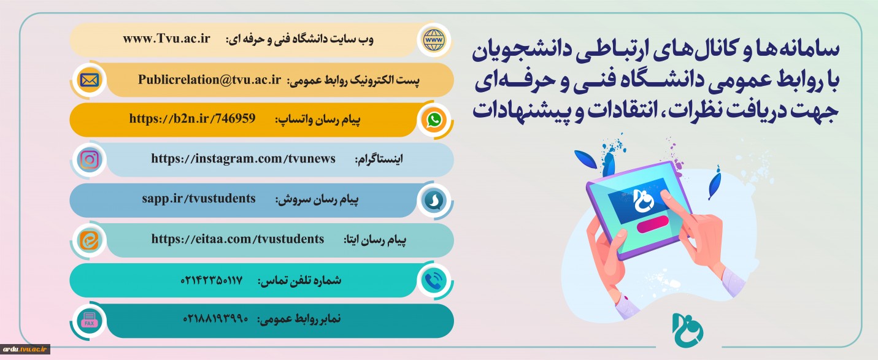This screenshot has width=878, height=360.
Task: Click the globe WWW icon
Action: pos(434,40)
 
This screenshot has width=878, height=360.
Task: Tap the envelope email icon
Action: pos(89,80)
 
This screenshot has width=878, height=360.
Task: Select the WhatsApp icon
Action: pos(434,120)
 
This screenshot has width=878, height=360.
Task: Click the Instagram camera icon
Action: pos(90,160)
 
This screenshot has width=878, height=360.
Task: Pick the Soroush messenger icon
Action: pos(434,200)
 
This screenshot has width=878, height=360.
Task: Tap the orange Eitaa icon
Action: pos(89,240)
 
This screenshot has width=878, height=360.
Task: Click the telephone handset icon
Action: pos(434,280)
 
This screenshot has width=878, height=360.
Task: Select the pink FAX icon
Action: pos(89,321)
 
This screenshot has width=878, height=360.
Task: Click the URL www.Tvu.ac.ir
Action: pos(166,39)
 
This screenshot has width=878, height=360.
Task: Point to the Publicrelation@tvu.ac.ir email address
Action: pos(209,80)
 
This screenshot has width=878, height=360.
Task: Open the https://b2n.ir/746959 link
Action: pos(192,119)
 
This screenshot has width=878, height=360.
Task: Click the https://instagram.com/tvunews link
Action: pos(243,159)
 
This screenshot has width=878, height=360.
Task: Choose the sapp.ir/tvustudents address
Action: pos(199,199)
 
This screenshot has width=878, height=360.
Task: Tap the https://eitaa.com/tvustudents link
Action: pos(237,239)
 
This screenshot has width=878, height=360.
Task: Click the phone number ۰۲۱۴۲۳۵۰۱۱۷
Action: pos(211,280)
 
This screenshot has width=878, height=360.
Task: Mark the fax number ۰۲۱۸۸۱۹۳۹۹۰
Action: pos(215,319)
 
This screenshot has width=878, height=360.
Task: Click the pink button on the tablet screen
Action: pos(652,224)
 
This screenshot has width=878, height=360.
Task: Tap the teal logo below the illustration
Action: pos(688,330)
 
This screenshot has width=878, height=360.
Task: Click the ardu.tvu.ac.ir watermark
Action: pos(25,349)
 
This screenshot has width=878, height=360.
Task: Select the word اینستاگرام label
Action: pos(379,159)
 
